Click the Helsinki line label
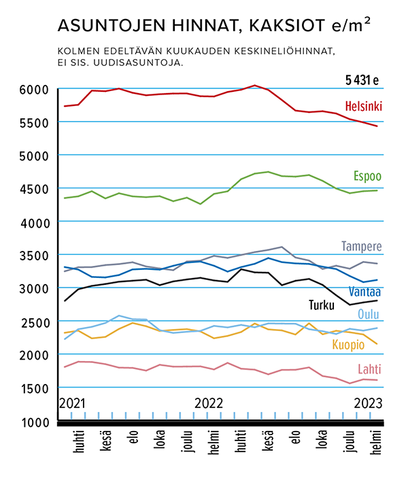click(x=363, y=107)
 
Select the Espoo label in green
click(x=367, y=177)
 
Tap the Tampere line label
click(x=361, y=246)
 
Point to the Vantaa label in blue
click(x=364, y=292)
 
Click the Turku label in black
click(x=322, y=305)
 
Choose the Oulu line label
click(x=370, y=315)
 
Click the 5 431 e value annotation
click(x=361, y=81)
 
